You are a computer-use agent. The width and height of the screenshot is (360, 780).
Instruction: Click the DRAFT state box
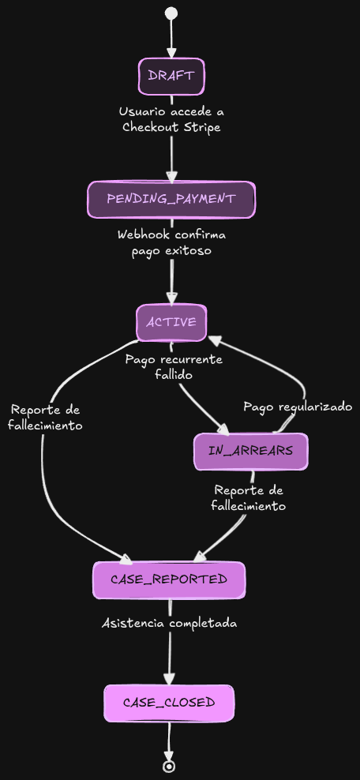coord(171,76)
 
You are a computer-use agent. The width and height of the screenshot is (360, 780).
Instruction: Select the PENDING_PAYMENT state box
coord(171,199)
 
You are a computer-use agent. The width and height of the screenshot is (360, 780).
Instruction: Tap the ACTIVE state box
coord(171,322)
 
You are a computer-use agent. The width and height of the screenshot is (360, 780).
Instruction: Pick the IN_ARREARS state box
coord(250,451)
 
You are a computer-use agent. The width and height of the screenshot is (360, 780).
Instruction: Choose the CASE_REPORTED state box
coord(169,579)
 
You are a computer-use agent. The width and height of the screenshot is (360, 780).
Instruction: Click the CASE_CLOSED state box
coord(169,703)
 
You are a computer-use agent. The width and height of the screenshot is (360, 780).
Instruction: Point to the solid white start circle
coord(171,13)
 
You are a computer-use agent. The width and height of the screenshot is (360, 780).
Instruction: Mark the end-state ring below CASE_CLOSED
coord(168,766)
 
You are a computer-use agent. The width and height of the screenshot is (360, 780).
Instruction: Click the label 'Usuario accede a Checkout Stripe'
coord(171,119)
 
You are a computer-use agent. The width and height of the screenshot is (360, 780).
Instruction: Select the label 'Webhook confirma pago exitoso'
coord(171,242)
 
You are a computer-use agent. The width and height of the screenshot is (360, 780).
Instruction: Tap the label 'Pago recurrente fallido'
coord(174,367)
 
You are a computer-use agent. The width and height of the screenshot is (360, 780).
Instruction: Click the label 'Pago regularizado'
coord(297,407)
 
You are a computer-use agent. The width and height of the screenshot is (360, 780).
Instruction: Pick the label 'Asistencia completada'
coord(169,623)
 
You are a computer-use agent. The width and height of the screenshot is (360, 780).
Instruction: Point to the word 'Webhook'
coord(145,234)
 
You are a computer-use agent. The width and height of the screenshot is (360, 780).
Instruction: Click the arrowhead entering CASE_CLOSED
coord(169,678)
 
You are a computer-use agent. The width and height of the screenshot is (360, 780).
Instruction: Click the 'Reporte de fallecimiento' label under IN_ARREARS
coord(248,498)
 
